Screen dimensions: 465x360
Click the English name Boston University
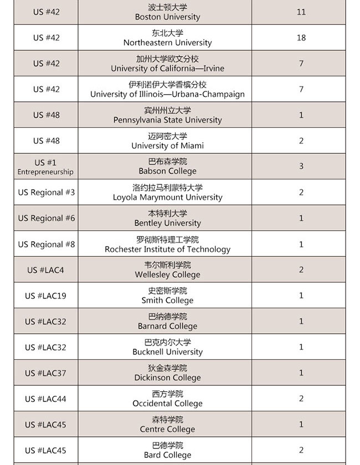pos(167,17)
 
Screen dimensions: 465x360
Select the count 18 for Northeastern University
pos(301,38)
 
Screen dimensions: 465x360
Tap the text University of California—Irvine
pos(167,69)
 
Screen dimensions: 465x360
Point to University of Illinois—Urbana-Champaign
pos(167,94)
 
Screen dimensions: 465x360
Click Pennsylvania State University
pos(167,120)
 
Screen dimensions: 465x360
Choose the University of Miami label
pos(167,146)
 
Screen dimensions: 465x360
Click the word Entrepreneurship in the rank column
pos(45,172)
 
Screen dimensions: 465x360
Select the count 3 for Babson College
pos(301,166)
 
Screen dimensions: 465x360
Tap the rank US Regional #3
pos(46,192)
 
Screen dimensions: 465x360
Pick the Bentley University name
pos(167,223)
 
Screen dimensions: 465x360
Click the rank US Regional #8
pos(46,244)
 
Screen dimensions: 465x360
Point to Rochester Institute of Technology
pos(167,249)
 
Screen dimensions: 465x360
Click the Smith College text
pos(167,301)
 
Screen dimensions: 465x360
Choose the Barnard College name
pos(167,326)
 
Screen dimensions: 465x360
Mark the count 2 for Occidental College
pos(301,399)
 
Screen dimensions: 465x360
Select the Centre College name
pos(167,429)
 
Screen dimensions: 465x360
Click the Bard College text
pos(167,455)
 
